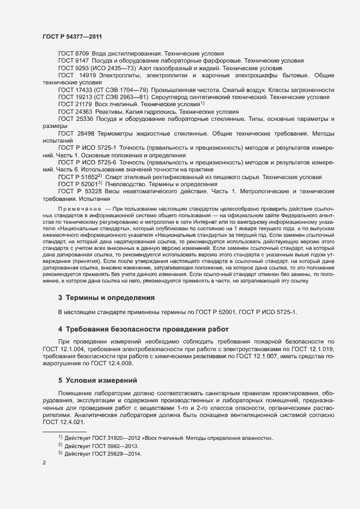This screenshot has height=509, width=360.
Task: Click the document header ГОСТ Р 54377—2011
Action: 72,36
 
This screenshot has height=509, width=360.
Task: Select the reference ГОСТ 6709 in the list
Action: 70,54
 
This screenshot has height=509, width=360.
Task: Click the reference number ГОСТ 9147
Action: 70,61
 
